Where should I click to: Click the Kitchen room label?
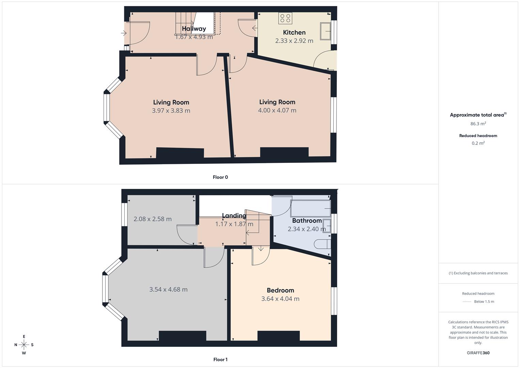(x=294, y=32)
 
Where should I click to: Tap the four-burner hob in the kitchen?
(x=285, y=18)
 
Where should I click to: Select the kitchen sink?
(x=325, y=31)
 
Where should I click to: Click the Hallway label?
(x=194, y=29)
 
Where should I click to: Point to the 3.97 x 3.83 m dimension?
(x=171, y=110)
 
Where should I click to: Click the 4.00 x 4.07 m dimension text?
(x=277, y=110)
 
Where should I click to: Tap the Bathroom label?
(x=307, y=220)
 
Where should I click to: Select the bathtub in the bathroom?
(x=310, y=208)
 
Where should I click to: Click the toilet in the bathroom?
(x=322, y=244)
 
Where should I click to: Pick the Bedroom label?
(x=280, y=290)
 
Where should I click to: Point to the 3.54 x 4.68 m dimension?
(x=168, y=289)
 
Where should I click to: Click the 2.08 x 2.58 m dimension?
(x=153, y=219)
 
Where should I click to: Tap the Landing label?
(x=234, y=216)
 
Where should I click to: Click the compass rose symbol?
(x=24, y=344)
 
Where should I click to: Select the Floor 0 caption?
(x=220, y=177)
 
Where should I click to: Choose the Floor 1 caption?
(x=220, y=359)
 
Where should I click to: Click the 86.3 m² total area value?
(x=478, y=124)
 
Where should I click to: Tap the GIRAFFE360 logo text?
(x=478, y=353)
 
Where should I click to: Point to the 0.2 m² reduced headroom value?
(x=478, y=143)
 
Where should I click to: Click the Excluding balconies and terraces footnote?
(x=478, y=273)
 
